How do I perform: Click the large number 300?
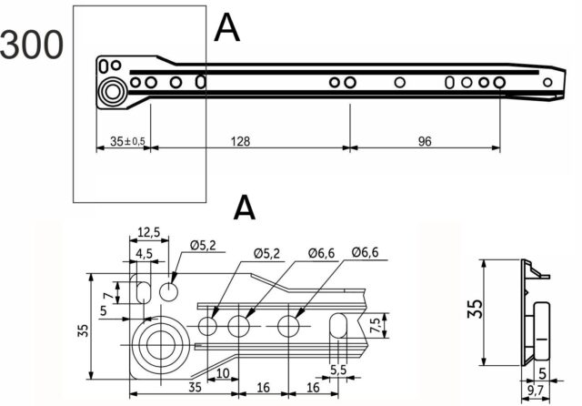point(32,45)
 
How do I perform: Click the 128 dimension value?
point(240,141)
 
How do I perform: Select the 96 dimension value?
point(425,141)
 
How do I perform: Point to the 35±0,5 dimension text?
point(127,141)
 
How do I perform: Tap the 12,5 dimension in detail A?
point(148,232)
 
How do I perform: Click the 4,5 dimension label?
point(144,254)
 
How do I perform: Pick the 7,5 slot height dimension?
point(376,326)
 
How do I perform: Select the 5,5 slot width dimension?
point(338,370)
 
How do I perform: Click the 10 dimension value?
point(223,373)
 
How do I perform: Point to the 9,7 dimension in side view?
point(535,391)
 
